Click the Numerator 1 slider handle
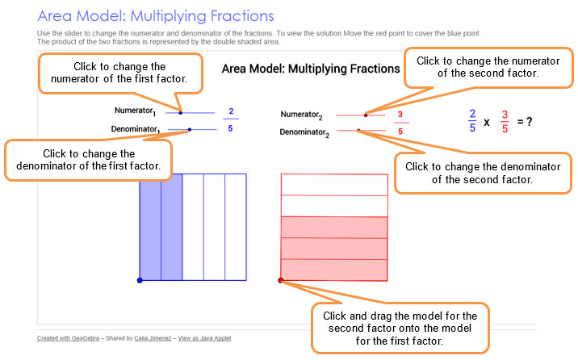click(x=181, y=113)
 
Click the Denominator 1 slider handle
click(x=190, y=130)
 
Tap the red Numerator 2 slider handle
click(x=366, y=115)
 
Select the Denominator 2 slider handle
click(x=358, y=131)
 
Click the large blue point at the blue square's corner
click(x=140, y=280)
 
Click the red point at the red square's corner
click(x=280, y=280)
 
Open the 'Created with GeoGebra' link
click(x=68, y=338)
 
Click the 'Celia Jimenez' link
click(x=153, y=338)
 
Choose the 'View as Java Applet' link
click(x=204, y=338)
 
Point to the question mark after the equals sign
click(x=530, y=121)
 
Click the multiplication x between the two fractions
click(x=487, y=123)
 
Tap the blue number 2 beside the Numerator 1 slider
click(x=231, y=111)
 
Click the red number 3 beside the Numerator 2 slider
click(x=400, y=115)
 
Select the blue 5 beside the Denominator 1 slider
click(x=230, y=128)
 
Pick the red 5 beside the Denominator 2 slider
click(x=400, y=132)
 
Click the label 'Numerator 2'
click(x=302, y=115)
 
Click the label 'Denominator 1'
click(x=136, y=130)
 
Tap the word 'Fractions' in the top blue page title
click(x=242, y=16)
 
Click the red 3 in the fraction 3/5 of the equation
click(x=505, y=115)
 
